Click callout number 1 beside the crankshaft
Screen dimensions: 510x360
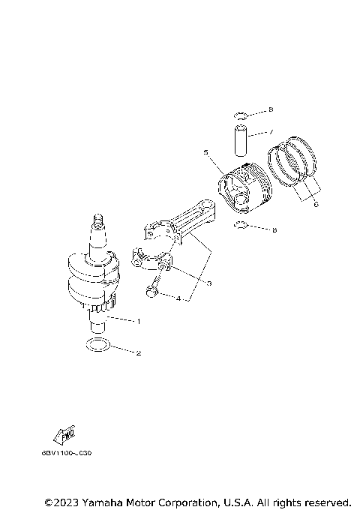click(x=138, y=320)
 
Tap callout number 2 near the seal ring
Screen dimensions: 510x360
click(x=138, y=352)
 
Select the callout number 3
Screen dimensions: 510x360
click(x=209, y=283)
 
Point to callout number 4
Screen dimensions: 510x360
click(x=178, y=299)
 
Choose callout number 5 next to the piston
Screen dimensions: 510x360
click(x=205, y=153)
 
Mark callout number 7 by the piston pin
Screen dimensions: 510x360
click(x=271, y=133)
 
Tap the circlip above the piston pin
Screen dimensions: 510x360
click(x=241, y=115)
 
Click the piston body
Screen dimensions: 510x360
click(x=244, y=193)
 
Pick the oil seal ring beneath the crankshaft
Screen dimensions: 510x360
click(x=97, y=345)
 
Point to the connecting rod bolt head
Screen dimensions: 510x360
click(x=154, y=292)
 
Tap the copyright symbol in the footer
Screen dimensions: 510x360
click(x=49, y=501)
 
